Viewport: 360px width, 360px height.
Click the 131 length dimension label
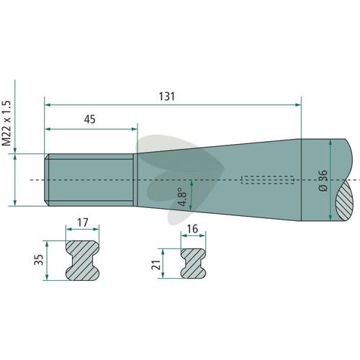click(167, 96)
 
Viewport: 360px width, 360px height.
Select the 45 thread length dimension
click(89, 120)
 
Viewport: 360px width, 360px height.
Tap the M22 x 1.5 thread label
click(6, 123)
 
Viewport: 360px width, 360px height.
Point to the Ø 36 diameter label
click(323, 180)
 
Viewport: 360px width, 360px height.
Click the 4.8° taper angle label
click(183, 197)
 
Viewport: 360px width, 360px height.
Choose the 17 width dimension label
click(83, 222)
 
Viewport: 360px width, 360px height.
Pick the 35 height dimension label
click(39, 260)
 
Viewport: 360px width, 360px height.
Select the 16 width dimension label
click(192, 229)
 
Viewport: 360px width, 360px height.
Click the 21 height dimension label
click(156, 264)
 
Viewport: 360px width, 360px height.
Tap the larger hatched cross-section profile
click(82, 261)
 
